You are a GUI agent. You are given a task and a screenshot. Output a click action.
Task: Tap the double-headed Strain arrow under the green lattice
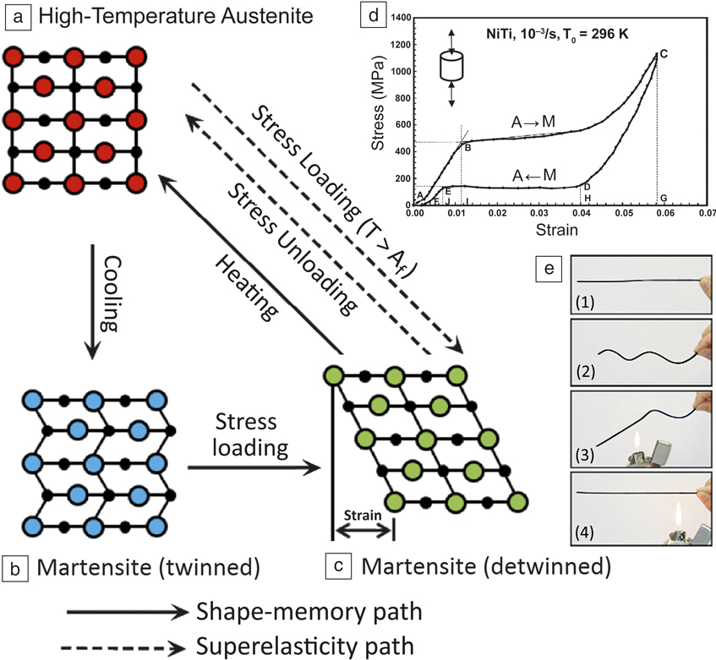363,532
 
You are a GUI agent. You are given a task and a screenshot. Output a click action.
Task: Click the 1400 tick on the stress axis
402,16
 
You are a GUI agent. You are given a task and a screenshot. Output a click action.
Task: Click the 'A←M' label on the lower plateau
533,175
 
